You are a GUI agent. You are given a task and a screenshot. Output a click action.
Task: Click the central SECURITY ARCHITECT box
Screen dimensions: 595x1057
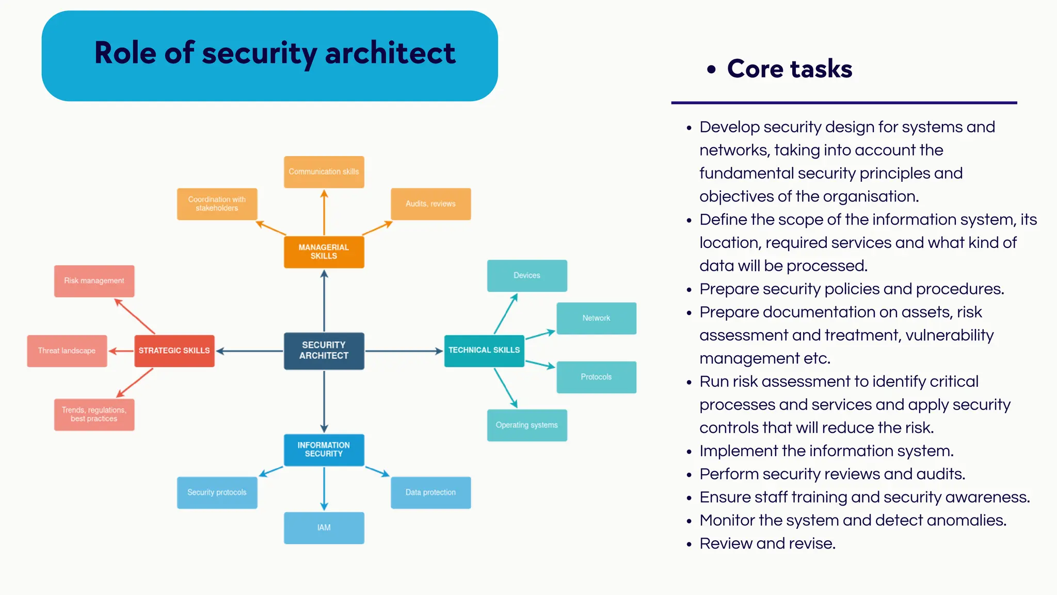tap(324, 351)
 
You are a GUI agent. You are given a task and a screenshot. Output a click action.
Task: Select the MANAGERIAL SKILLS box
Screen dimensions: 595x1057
tap(324, 252)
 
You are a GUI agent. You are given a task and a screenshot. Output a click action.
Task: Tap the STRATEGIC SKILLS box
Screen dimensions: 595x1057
tap(174, 351)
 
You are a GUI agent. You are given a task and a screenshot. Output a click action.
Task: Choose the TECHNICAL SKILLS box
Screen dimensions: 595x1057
tap(484, 351)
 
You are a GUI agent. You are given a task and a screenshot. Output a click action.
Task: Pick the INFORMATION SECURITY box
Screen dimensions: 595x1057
tap(324, 449)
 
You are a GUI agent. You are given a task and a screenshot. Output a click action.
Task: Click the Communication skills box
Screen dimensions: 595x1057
tap(324, 171)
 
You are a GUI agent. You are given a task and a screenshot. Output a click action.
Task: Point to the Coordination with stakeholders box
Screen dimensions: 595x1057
tap(217, 203)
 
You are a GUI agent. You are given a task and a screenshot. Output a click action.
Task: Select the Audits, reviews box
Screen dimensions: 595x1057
tap(430, 203)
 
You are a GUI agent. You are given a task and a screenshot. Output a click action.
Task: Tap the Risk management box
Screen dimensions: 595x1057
tap(94, 281)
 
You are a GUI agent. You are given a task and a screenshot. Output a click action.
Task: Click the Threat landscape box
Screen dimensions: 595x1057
tap(67, 351)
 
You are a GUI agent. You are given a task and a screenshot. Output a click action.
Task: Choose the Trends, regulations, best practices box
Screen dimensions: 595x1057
tap(94, 414)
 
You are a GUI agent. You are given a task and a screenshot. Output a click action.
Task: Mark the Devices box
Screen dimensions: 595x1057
tap(526, 275)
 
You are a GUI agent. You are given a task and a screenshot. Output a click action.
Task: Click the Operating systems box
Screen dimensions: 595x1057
tap(526, 425)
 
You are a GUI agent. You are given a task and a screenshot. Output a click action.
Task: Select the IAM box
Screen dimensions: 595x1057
tap(324, 527)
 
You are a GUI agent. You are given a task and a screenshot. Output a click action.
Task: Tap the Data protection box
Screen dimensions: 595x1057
tap(430, 492)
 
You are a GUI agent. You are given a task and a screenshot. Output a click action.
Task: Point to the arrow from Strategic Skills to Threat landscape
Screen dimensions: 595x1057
tap(121, 351)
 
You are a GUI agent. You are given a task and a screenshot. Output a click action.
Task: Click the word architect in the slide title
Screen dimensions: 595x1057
tap(390, 53)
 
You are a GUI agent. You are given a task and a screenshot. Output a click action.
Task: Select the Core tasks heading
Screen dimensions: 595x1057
tap(789, 69)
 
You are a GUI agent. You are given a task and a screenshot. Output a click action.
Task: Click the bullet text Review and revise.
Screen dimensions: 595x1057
tap(767, 543)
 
